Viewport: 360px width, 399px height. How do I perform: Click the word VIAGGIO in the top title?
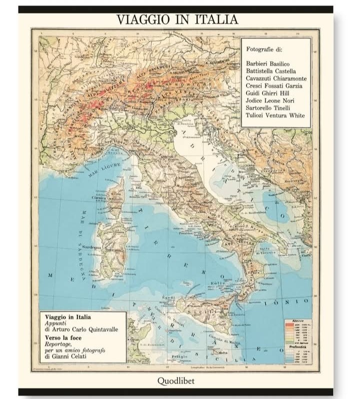144,19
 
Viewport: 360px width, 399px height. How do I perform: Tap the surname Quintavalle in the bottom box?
97,329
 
